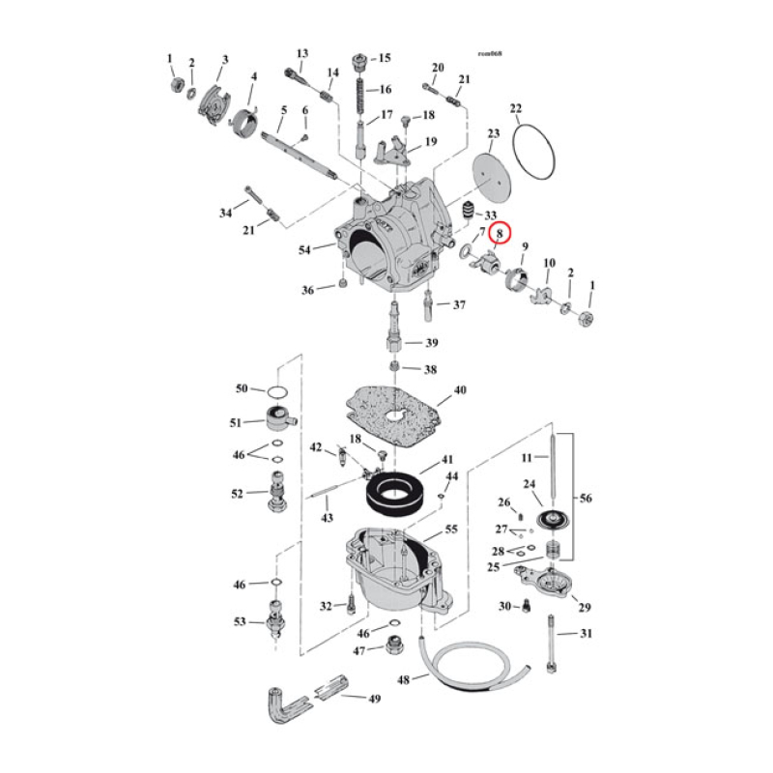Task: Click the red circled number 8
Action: point(500,233)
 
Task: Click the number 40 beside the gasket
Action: point(459,391)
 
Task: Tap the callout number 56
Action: point(587,499)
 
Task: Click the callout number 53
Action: point(239,621)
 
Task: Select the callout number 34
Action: point(224,213)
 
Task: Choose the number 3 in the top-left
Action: point(224,61)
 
